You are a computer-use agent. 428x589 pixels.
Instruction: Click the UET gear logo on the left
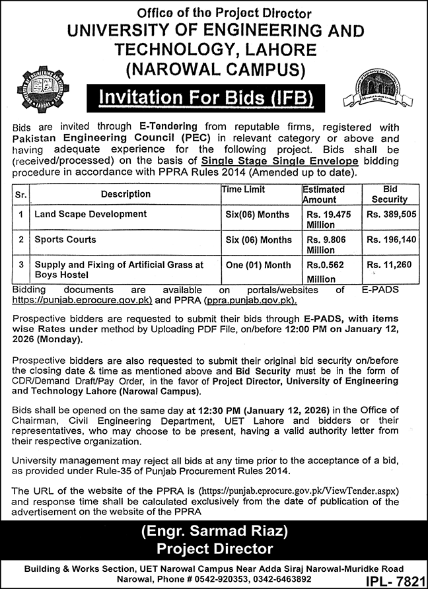(x=43, y=90)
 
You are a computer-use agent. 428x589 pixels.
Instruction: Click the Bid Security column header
(x=390, y=194)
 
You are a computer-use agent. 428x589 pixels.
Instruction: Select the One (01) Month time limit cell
(x=258, y=265)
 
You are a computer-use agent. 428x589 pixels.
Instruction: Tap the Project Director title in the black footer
(x=213, y=549)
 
